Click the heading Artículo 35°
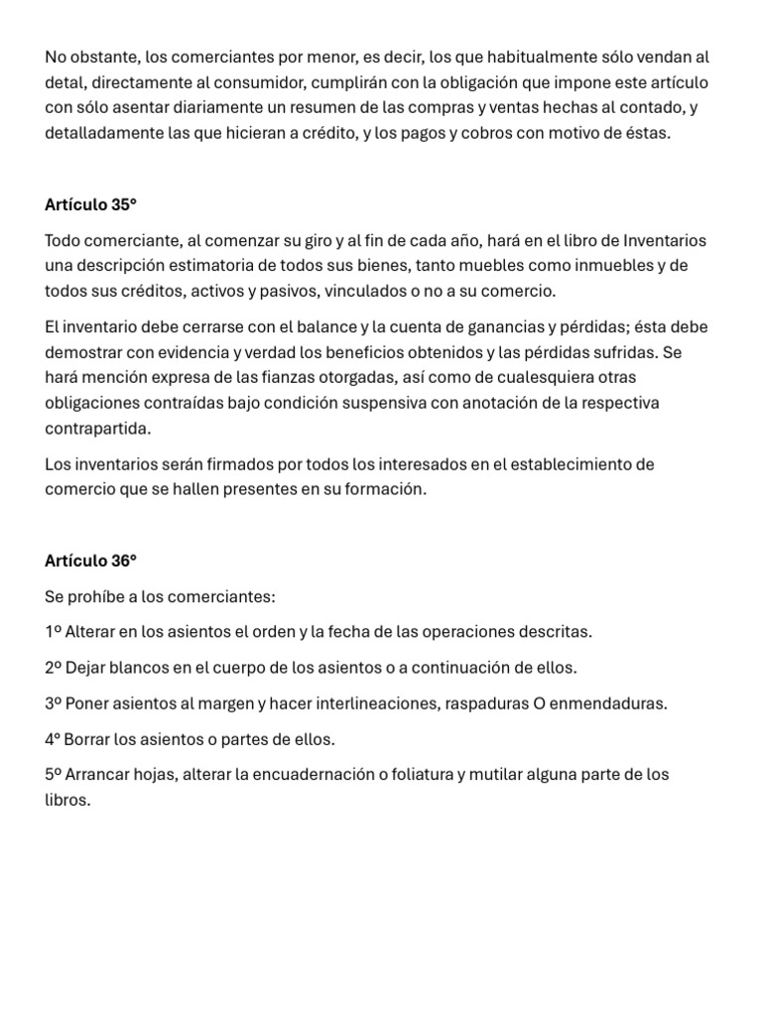pos(90,205)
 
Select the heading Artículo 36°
pos(90,561)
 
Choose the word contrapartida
pos(98,428)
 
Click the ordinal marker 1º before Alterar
pos(54,632)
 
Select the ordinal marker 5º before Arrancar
pos(54,775)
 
